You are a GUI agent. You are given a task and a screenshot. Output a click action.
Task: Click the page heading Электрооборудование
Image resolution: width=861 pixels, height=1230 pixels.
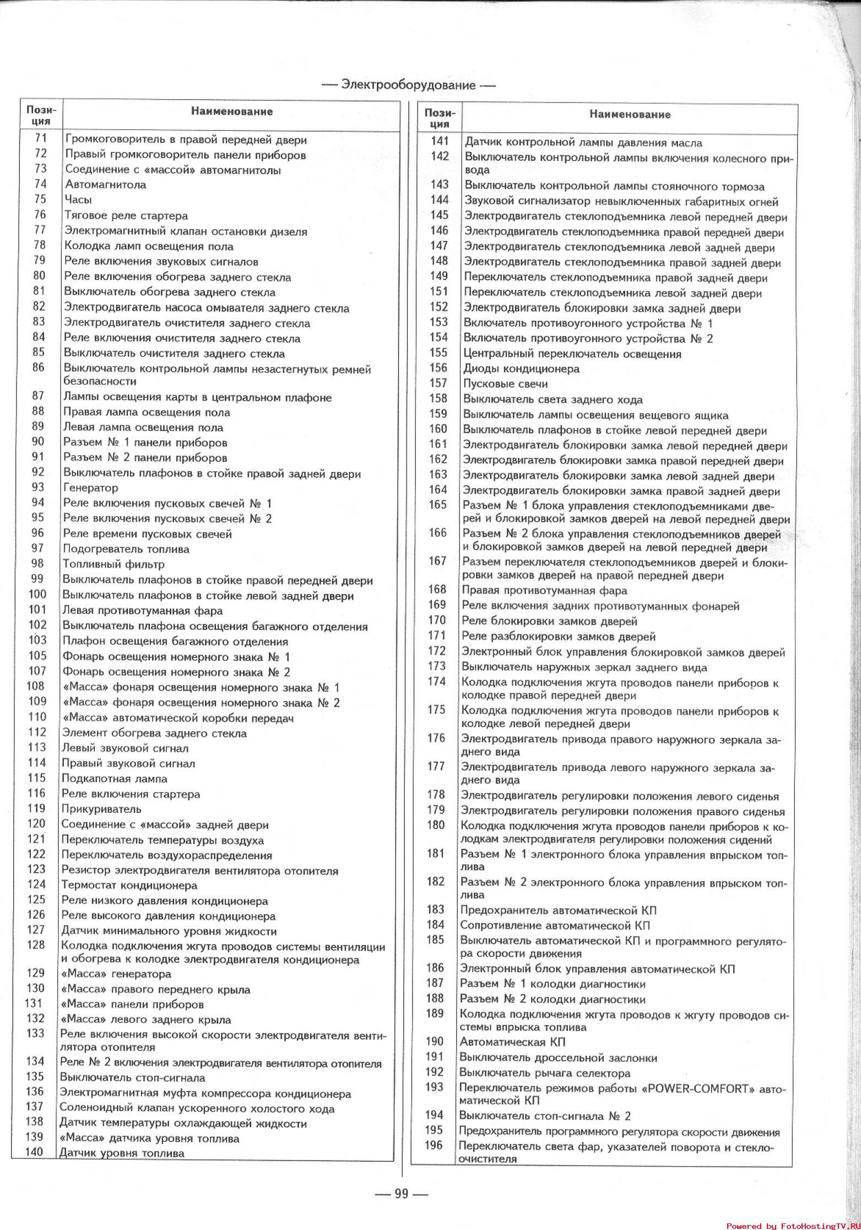click(408, 85)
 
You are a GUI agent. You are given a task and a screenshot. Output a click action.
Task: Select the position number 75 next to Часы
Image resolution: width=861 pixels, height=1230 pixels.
click(40, 199)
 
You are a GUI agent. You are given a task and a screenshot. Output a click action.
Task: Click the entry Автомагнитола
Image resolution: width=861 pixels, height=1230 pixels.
click(106, 185)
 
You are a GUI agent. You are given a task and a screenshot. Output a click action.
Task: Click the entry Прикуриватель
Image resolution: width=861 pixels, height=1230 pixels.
click(101, 809)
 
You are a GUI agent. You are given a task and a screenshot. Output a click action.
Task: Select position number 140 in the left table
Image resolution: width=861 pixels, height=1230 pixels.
click(34, 1152)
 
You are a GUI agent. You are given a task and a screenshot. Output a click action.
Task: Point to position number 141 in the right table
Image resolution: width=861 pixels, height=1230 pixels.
click(440, 142)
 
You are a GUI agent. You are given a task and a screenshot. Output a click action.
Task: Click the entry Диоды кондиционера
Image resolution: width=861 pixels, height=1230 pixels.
click(521, 369)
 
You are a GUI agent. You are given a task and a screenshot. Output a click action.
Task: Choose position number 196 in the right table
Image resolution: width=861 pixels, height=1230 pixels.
click(434, 1145)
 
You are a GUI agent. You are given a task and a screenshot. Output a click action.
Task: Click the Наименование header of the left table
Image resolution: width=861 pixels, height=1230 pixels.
click(232, 111)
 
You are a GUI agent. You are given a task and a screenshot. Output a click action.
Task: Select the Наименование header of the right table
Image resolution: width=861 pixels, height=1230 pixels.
click(630, 115)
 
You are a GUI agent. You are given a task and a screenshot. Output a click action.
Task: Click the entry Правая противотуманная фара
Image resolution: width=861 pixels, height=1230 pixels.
click(544, 591)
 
